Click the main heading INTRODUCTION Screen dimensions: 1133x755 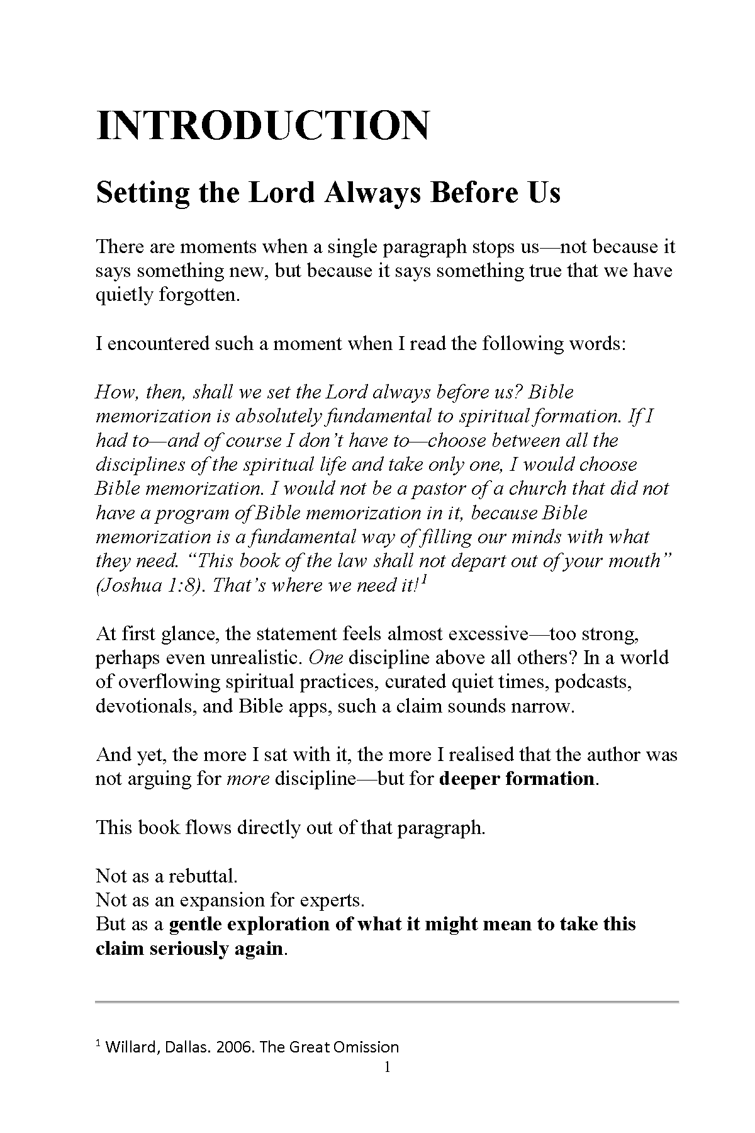263,125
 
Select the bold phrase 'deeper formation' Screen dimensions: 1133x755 516,779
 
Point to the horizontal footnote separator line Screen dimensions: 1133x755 387,1001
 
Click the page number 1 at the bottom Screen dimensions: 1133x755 388,1067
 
